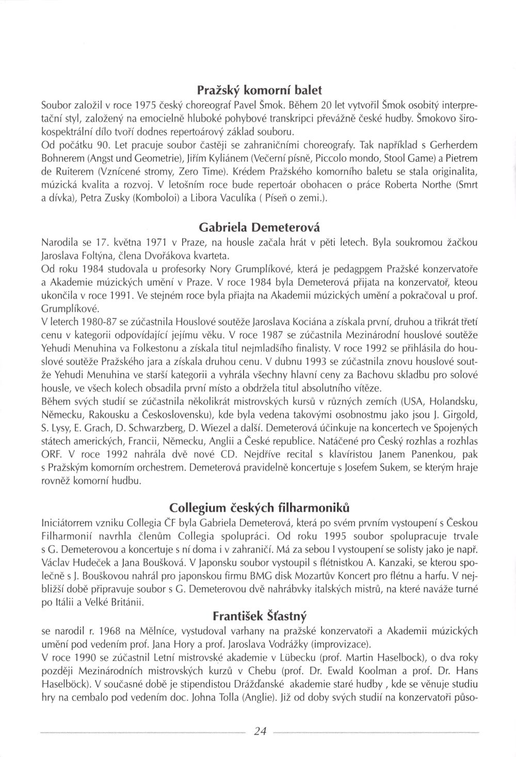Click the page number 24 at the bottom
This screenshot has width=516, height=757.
(260, 730)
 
